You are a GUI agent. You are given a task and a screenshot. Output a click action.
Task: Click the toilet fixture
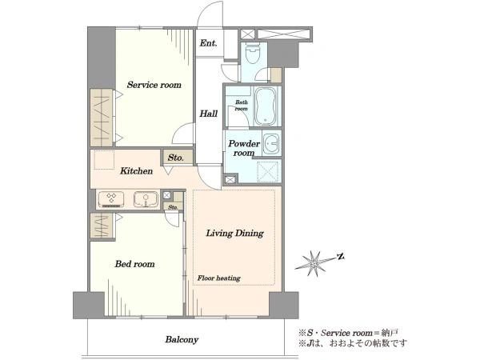pyautogui.click(x=253, y=54)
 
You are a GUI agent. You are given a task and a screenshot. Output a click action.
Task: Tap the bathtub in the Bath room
pyautogui.click(x=266, y=106)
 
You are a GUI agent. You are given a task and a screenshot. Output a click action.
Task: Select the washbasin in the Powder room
pyautogui.click(x=271, y=143)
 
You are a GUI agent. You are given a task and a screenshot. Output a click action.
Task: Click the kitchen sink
pyautogui.click(x=146, y=199)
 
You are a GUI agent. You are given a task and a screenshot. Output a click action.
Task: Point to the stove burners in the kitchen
pyautogui.click(x=111, y=199)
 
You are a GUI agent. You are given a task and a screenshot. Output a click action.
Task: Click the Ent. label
pyautogui.click(x=208, y=43)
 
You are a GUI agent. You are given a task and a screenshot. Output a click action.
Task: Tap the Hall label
pyautogui.click(x=209, y=114)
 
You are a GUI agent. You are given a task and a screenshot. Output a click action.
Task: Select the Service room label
pyautogui.click(x=154, y=85)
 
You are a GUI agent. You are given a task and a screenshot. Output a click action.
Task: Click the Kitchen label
pyautogui.click(x=136, y=171)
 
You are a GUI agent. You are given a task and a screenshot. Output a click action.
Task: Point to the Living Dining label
pyautogui.click(x=234, y=234)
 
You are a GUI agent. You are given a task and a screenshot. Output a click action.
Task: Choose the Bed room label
pyautogui.click(x=134, y=264)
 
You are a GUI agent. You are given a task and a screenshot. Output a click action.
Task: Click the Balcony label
pyautogui.click(x=182, y=339)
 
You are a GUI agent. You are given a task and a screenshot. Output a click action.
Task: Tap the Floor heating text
pyautogui.click(x=218, y=278)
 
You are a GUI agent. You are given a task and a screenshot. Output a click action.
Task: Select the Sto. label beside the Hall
pyautogui.click(x=176, y=158)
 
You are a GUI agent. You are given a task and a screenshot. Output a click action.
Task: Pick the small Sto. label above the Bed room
pyautogui.click(x=173, y=207)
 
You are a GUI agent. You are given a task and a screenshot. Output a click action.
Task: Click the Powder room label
pyautogui.click(x=244, y=148)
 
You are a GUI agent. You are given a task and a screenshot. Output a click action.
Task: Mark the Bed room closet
pyautogui.click(x=102, y=226)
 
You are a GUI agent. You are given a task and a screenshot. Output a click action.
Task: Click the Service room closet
pyautogui.click(x=102, y=118)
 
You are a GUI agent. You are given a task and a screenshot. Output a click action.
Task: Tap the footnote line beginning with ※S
pyautogui.click(x=348, y=333)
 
